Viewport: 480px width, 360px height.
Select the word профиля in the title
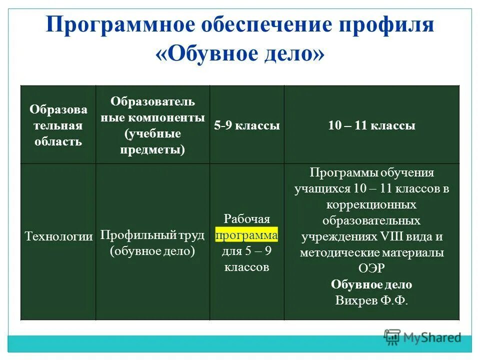coord(384,25)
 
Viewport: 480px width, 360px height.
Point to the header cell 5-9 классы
coord(247,126)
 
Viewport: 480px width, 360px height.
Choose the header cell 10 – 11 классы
coord(371,126)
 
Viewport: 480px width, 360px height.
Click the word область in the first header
coord(58,141)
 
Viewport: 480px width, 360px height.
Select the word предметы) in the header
coord(152,149)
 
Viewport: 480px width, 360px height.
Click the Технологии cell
coord(58,236)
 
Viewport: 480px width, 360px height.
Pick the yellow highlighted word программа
coord(247,235)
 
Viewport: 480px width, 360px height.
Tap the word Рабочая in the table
coord(247,219)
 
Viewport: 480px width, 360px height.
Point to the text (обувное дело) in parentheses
coord(152,251)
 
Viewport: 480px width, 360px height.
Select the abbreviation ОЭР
coord(371,268)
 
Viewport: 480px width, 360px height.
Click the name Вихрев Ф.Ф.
coord(371,300)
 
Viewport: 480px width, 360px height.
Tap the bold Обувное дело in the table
coord(371,284)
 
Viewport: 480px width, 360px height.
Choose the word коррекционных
coord(371,205)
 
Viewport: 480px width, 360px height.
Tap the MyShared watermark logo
coord(422,337)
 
